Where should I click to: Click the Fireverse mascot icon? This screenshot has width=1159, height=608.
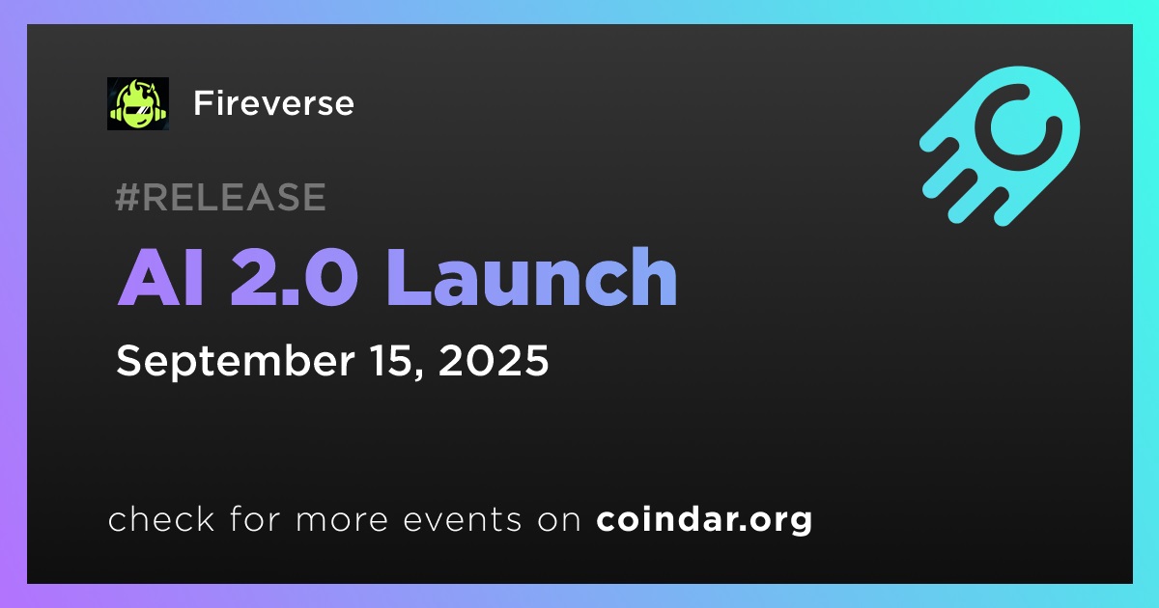tap(138, 103)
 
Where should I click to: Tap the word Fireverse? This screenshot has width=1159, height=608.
tap(273, 103)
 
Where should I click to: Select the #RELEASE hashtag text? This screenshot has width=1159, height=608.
tap(220, 197)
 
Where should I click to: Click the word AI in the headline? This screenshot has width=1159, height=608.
tap(160, 277)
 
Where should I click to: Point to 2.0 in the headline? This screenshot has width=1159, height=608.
tap(294, 277)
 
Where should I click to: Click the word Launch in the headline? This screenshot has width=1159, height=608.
tap(532, 276)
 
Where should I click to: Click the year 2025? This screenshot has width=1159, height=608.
tap(494, 360)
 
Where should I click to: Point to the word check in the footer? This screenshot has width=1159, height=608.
tap(161, 519)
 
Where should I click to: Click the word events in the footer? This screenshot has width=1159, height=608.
tap(463, 520)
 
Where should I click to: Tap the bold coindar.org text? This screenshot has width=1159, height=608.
tap(704, 520)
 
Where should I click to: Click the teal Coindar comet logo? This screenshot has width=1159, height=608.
tap(1000, 146)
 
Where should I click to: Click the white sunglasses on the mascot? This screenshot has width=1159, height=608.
tap(138, 110)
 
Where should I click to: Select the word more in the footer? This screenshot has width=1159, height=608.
tap(342, 520)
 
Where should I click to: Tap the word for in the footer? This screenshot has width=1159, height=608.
tap(255, 519)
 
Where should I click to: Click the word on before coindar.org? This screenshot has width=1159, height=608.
tap(559, 520)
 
